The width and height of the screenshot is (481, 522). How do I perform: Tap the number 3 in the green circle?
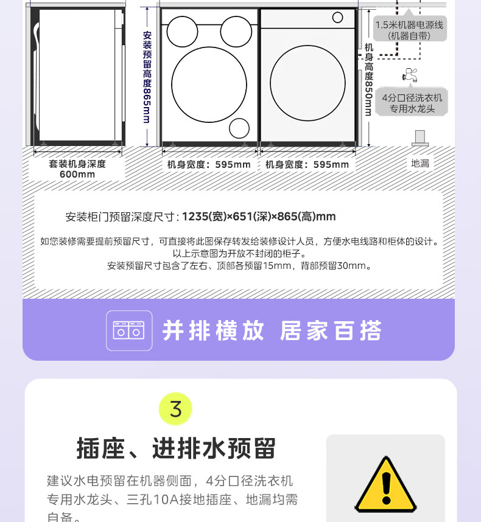175,409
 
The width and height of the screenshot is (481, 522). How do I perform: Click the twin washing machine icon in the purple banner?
129,330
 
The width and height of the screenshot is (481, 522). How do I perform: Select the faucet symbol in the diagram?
410,75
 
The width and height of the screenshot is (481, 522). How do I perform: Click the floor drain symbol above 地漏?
420,138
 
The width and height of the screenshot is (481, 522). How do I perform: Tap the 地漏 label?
420,164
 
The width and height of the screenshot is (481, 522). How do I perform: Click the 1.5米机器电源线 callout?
409,30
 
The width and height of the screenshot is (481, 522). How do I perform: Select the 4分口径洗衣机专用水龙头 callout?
412,103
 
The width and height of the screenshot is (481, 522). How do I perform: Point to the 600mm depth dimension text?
77,174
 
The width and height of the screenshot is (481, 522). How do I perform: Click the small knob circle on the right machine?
337,17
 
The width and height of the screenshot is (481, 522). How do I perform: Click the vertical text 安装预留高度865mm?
147,77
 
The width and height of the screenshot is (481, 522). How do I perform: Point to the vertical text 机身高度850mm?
368,79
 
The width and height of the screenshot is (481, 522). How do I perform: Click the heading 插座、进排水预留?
176,448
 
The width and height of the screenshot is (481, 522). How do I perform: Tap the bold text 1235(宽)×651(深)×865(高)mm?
259,217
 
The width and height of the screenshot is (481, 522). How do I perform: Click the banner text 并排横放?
213,330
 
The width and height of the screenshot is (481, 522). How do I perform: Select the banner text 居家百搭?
331,330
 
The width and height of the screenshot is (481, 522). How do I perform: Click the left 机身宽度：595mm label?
209,164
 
